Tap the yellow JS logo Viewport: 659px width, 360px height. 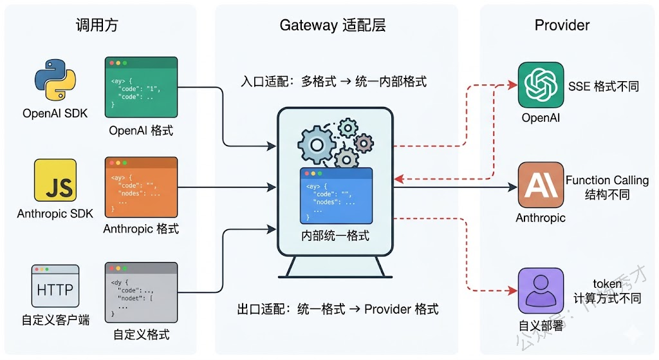tap(55, 180)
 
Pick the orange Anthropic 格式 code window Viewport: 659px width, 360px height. tap(141, 187)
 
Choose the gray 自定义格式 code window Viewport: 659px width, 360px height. tap(141, 292)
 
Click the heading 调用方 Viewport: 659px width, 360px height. tap(97, 25)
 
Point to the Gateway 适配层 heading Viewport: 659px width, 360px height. tap(333, 25)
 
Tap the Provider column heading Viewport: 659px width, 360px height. tap(562, 25)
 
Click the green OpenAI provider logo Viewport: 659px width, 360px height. tap(541, 84)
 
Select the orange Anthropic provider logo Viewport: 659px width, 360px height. tap(541, 185)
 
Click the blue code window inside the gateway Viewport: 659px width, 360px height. tap(336, 195)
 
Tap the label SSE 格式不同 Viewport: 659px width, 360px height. tap(603, 86)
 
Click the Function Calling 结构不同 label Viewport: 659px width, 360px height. tap(607, 187)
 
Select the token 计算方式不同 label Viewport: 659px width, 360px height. tap(607, 291)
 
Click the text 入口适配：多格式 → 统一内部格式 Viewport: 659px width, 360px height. tap(333, 82)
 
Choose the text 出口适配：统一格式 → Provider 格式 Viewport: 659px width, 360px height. tap(338, 308)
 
